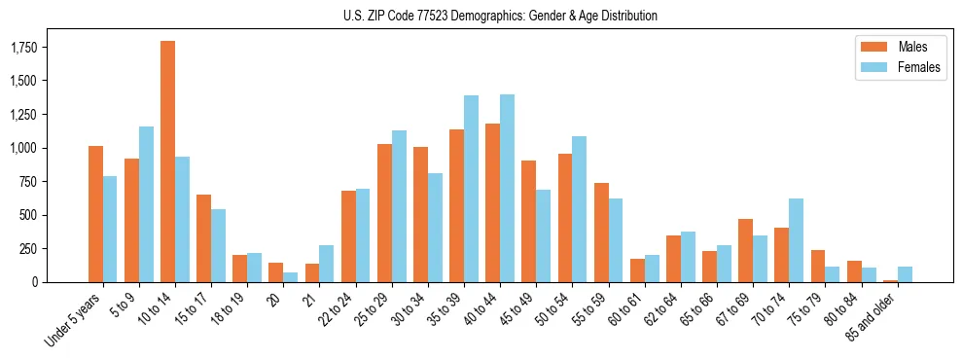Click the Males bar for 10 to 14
[x=167, y=162]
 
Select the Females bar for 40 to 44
[x=507, y=188]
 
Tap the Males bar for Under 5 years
[x=95, y=214]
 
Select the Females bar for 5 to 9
[x=146, y=204]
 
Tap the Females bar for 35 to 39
[x=471, y=189]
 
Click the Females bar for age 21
[x=327, y=264]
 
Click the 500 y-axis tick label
[x=27, y=215]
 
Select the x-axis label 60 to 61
[x=623, y=309]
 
